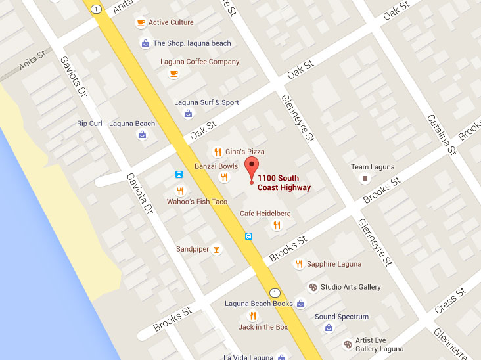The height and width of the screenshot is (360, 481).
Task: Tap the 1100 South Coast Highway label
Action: coord(284,183)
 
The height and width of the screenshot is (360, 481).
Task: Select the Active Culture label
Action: coord(171,22)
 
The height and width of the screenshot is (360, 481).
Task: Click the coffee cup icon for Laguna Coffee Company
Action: coord(173,74)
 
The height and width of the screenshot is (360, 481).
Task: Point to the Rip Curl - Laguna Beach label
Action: coord(116,124)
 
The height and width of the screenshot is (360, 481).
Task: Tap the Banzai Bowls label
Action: coord(216,166)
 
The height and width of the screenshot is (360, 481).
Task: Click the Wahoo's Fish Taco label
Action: coord(197,202)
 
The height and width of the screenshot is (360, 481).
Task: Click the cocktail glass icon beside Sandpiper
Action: coord(217,250)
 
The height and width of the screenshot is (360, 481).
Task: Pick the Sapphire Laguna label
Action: coord(334,264)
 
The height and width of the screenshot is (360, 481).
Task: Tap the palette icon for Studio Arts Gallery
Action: coord(313,287)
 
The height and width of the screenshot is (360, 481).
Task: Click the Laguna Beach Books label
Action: coord(259,304)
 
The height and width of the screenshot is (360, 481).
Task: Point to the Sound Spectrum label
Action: coord(342,317)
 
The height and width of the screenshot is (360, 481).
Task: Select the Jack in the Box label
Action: coord(263,327)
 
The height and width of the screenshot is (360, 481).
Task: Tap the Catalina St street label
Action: coord(442,135)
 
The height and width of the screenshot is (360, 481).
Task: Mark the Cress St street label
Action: coord(450,300)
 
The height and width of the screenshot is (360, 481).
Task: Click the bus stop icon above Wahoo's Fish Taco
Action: coord(179,175)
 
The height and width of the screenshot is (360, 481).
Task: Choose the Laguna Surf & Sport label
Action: coord(206,102)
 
